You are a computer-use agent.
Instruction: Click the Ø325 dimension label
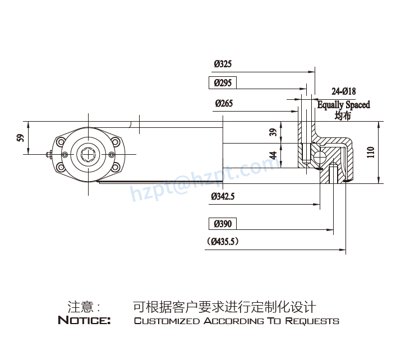coord(223,64)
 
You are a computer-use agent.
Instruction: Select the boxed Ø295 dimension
coord(223,83)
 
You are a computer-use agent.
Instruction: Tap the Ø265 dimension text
coord(223,103)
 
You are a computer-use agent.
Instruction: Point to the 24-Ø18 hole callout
coord(343,91)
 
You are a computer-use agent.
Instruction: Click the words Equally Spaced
coord(343,105)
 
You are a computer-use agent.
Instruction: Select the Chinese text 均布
coord(342,116)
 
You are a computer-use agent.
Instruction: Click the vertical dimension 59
coord(20,137)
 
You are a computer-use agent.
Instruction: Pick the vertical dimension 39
coord(273,132)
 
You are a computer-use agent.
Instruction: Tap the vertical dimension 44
coord(273,155)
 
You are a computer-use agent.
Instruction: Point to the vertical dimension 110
coord(371,152)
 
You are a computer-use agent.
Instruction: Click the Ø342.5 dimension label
coord(223,197)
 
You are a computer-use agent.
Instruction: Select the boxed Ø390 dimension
coord(223,224)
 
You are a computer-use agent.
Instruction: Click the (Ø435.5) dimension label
coord(223,242)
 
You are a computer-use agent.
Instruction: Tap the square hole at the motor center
coord(89,153)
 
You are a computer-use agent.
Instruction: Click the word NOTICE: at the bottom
coord(84,321)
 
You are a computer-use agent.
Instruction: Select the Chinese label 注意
coord(79,307)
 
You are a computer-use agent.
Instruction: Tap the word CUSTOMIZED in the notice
coord(167,321)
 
